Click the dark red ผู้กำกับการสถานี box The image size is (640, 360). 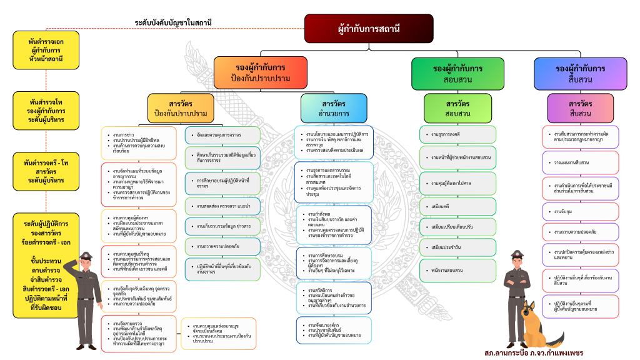point(369,28)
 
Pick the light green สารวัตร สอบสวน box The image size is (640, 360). point(457,107)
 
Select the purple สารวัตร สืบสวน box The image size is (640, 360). point(581,107)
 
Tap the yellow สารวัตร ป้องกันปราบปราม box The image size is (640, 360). point(181,107)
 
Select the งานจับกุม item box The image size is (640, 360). point(581,212)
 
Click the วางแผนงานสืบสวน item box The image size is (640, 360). point(581,162)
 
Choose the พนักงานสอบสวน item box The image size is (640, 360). point(457,270)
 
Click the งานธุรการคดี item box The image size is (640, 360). point(457,134)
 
